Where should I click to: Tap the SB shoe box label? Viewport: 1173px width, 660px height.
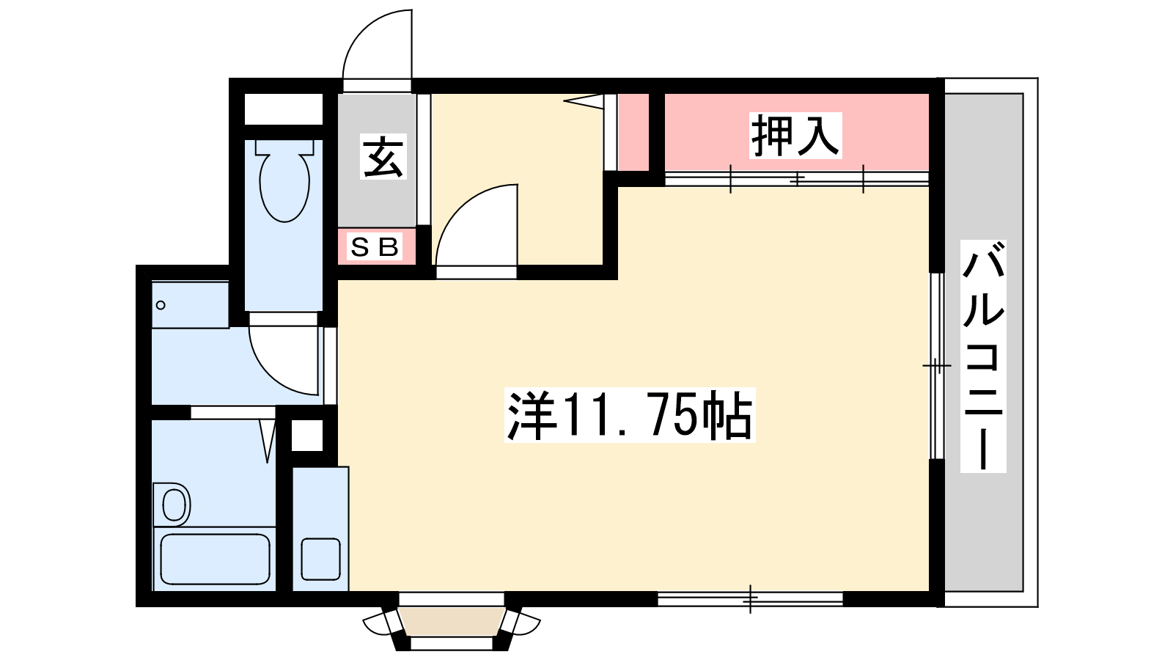375,246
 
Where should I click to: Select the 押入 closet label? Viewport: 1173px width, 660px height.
795,135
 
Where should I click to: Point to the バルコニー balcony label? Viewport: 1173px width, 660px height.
983,356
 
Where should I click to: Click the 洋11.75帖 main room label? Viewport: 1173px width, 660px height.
630,415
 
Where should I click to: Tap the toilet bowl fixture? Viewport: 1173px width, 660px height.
284,180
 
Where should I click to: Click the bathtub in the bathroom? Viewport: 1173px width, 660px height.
215,559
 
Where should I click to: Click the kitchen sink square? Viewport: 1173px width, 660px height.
321,559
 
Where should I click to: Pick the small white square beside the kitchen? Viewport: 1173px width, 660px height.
307,436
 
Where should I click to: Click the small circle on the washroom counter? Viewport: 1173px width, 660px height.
161,305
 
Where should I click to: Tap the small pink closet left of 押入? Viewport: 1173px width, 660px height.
633,132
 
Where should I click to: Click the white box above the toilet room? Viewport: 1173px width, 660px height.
283,109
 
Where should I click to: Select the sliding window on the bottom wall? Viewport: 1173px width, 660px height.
750,598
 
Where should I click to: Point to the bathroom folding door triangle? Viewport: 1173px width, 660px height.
268,441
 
